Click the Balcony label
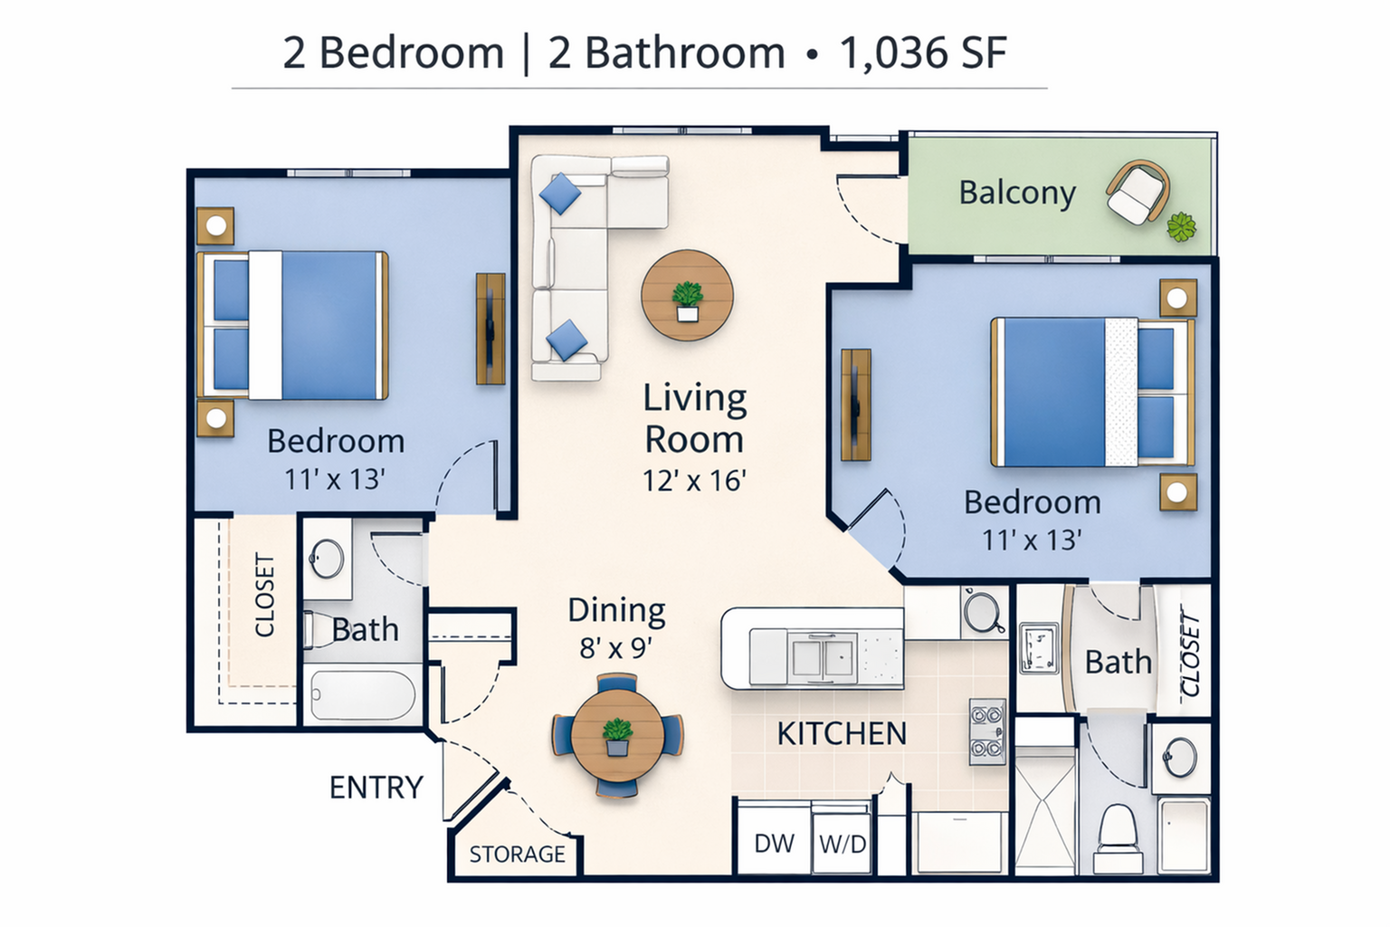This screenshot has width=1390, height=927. [1016, 193]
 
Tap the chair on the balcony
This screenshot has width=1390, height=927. [1137, 192]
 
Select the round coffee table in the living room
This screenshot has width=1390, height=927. [687, 295]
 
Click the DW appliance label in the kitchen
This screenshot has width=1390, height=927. [774, 843]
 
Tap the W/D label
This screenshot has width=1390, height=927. [843, 844]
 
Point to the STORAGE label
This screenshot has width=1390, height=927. [517, 854]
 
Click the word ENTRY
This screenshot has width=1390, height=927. [376, 788]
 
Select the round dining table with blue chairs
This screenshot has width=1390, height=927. [617, 735]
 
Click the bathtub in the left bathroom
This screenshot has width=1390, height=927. [362, 695]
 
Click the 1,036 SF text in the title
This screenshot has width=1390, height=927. [922, 53]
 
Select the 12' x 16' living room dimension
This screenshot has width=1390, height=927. [693, 481]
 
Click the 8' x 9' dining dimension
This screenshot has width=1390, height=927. [615, 648]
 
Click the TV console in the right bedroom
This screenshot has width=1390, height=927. [855, 405]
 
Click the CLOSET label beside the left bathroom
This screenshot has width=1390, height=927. [264, 596]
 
